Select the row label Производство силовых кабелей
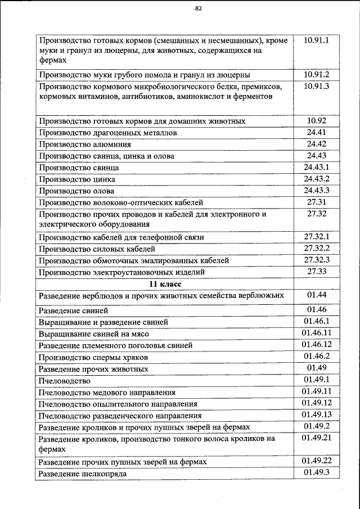pos(96,249)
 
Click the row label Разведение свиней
pos(72,310)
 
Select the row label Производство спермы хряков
pos(93,357)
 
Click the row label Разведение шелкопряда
pos(82,474)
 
